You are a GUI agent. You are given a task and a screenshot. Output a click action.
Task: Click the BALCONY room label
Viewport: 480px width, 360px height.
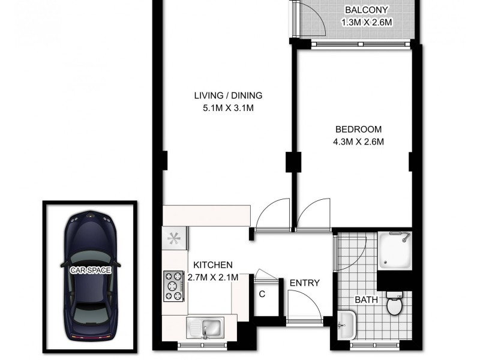[366, 10]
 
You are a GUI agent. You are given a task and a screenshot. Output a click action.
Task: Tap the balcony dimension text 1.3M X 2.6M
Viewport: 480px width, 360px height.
[366, 23]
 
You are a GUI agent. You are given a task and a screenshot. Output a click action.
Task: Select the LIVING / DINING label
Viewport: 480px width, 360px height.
[228, 95]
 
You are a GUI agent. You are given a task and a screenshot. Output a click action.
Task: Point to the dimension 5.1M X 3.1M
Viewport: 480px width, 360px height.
[228, 109]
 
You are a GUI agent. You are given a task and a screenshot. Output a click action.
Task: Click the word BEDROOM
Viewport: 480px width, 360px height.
[358, 129]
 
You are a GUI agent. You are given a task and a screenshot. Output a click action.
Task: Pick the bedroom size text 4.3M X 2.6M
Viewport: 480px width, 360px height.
[358, 142]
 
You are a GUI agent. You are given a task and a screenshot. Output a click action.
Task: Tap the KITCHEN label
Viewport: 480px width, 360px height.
[212, 265]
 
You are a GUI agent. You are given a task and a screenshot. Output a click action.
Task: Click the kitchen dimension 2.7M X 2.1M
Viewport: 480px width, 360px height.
[213, 277]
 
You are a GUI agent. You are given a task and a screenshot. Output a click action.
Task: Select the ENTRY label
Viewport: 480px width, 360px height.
[304, 283]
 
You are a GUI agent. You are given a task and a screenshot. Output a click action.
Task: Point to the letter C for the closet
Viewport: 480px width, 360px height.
[262, 294]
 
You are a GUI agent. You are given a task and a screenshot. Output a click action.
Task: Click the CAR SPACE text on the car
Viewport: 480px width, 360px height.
[91, 270]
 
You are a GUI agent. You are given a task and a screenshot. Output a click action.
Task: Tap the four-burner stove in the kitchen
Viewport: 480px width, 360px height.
[174, 286]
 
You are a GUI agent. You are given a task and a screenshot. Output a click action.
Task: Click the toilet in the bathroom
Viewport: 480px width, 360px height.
[394, 305]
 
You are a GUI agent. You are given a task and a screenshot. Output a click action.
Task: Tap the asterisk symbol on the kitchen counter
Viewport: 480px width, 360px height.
[174, 238]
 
